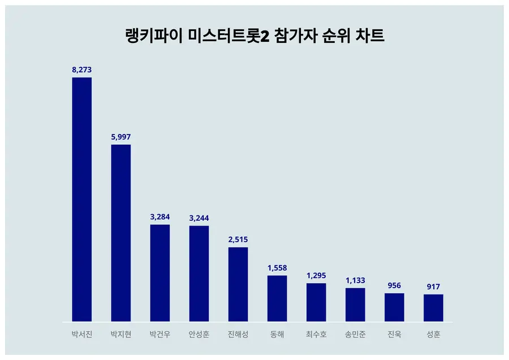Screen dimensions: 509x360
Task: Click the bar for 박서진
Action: click(x=82, y=199)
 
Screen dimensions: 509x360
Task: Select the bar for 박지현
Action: click(x=121, y=233)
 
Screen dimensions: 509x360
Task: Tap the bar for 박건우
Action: click(x=159, y=273)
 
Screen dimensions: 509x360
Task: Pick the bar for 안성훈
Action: click(x=199, y=274)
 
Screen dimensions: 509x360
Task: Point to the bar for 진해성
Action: click(x=238, y=284)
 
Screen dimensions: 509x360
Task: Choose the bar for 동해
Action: click(x=277, y=299)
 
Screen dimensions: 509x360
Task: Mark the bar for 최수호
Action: click(x=316, y=302)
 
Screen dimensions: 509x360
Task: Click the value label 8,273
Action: click(x=82, y=70)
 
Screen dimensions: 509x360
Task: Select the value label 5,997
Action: click(x=121, y=137)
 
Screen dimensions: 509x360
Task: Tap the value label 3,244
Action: click(x=199, y=218)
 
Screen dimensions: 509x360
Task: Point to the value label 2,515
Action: click(x=238, y=240)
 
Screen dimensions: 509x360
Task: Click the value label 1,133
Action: click(x=355, y=280)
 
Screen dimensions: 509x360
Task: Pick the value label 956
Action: click(x=394, y=285)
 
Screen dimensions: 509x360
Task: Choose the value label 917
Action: click(x=433, y=287)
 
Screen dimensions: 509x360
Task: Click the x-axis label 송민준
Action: click(x=355, y=335)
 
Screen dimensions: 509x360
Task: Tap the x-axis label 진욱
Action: click(x=394, y=335)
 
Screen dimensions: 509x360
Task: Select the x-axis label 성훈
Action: click(x=433, y=335)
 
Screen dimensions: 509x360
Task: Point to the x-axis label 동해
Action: click(x=277, y=335)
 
